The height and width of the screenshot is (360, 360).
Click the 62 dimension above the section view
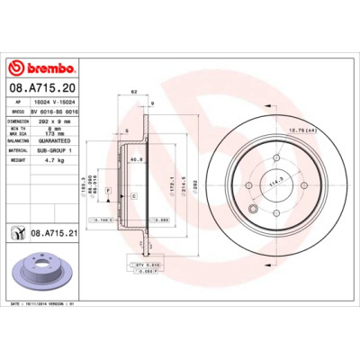click(x=133, y=93)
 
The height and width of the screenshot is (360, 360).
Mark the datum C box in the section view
click(x=133, y=195)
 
